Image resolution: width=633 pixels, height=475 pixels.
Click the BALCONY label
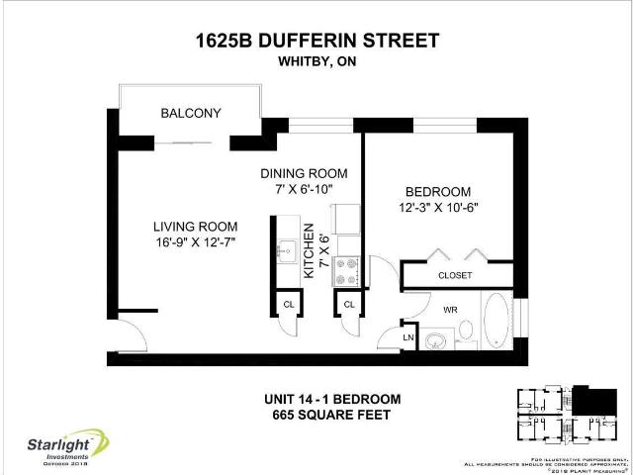point(191,114)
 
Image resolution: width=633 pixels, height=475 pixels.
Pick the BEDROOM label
point(438,191)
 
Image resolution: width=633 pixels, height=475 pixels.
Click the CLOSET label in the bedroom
point(455,275)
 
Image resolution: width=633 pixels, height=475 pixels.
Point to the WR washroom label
point(450,310)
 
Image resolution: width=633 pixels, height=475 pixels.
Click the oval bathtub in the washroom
point(497,325)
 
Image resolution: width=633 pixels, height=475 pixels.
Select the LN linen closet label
point(407,338)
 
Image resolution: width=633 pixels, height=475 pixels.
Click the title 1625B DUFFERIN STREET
point(315,41)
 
